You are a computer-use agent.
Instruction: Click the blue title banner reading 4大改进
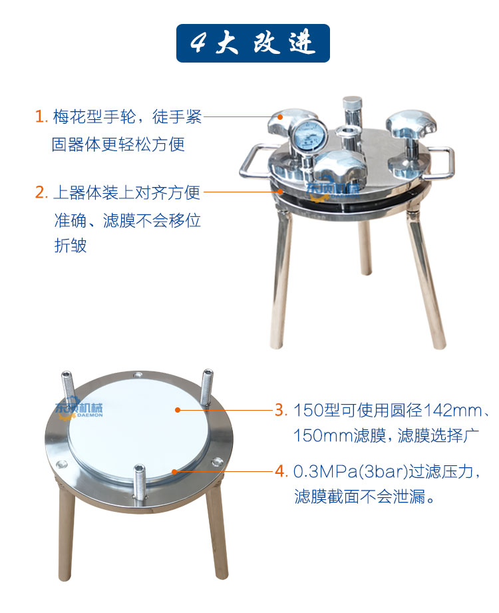click(x=253, y=43)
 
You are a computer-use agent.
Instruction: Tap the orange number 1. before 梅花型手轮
click(x=41, y=116)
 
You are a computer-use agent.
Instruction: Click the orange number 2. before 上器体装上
click(x=41, y=192)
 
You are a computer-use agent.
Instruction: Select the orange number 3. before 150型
click(x=281, y=410)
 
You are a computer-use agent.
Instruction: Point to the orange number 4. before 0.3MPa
click(x=281, y=471)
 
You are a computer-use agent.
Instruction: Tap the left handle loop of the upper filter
click(x=254, y=161)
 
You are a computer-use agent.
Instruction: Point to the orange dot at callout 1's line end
click(x=280, y=116)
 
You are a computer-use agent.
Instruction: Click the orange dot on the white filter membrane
click(x=178, y=410)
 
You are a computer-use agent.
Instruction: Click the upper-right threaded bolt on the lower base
click(x=206, y=387)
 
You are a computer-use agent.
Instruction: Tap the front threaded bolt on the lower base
click(x=139, y=483)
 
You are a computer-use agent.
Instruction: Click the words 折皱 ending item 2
click(x=71, y=246)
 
